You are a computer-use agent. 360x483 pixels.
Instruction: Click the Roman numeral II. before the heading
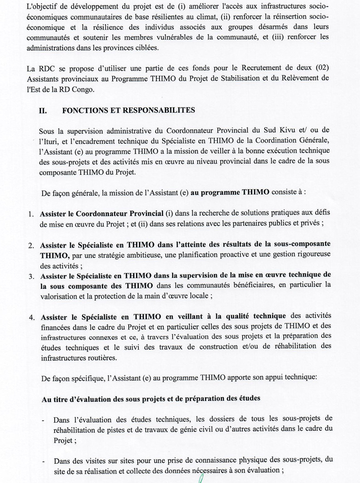(x=44, y=109)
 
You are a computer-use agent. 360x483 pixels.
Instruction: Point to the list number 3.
(x=31, y=276)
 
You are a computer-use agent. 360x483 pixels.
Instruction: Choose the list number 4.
(x=31, y=318)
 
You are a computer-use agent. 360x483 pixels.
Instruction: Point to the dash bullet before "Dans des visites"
(x=42, y=461)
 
